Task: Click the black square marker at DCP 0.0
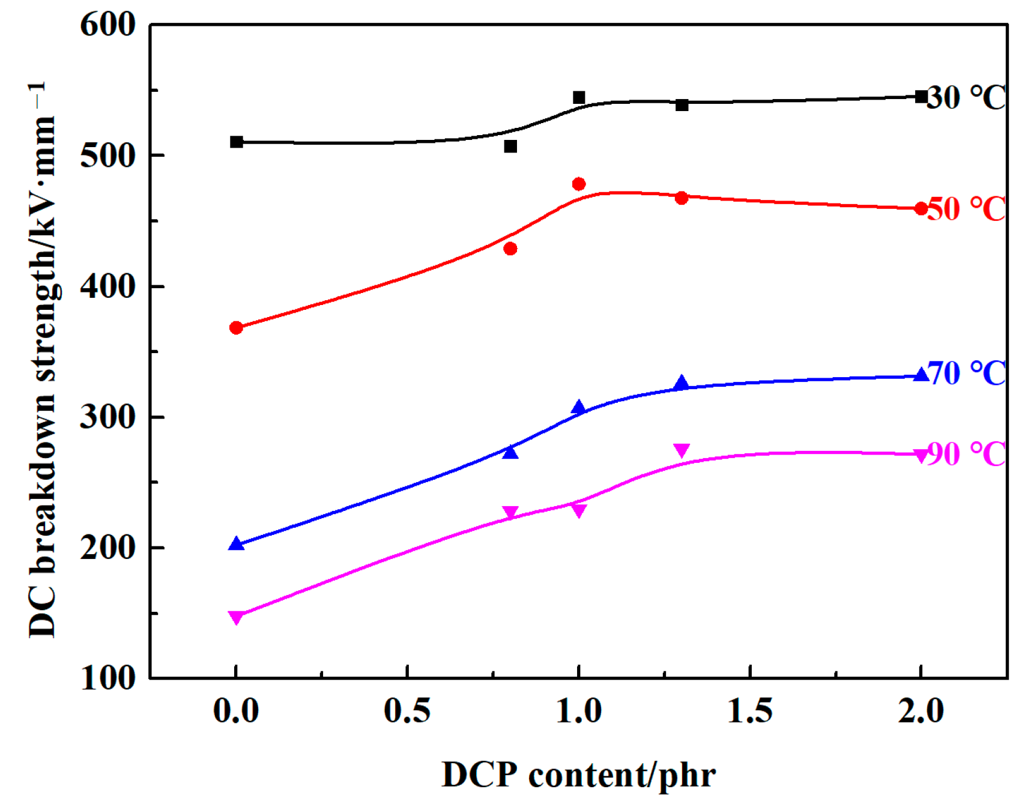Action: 237,142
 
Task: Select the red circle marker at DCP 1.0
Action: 578,184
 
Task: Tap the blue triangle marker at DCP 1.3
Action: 681,383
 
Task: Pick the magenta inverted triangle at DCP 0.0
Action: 237,617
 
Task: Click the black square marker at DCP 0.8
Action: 510,147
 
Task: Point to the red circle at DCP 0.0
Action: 236,327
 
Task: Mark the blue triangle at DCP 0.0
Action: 237,544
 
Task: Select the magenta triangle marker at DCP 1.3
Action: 681,450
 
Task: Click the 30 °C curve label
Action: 965,97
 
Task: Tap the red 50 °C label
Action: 965,209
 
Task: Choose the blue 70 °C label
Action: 965,373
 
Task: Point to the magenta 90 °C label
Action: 965,454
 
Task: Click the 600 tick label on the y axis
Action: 108,25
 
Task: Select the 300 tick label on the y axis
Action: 108,417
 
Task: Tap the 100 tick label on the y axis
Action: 108,679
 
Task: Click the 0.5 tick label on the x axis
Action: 407,711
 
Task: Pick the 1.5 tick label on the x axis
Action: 749,711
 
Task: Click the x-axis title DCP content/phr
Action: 578,775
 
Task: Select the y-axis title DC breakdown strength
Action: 42,360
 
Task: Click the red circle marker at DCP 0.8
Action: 510,249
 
